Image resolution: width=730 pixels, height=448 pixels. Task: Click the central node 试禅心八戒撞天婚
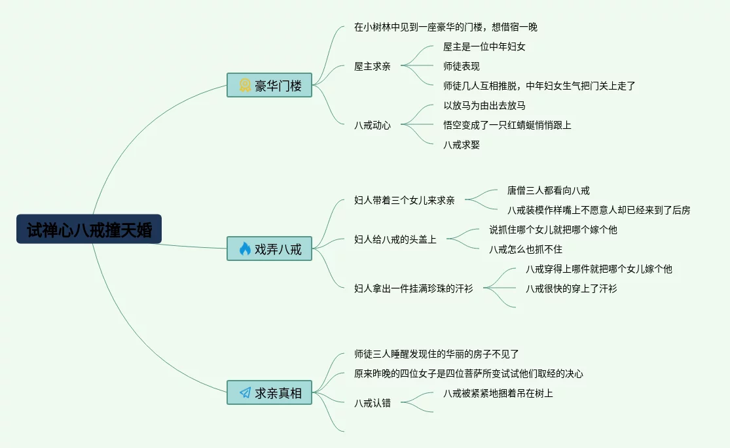point(89,230)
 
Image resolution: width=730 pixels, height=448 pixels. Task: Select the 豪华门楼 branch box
point(269,85)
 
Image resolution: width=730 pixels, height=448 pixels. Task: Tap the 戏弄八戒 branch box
point(269,249)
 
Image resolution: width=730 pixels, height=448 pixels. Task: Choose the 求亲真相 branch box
point(269,392)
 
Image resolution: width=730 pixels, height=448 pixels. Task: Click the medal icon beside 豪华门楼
point(245,85)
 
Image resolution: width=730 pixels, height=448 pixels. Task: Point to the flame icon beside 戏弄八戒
point(245,249)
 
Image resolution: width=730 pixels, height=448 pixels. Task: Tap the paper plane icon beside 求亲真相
point(245,392)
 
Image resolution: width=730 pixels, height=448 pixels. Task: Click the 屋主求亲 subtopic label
point(372,66)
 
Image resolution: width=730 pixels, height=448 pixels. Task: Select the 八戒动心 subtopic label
point(372,125)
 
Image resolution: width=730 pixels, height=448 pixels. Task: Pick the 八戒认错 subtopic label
point(372,403)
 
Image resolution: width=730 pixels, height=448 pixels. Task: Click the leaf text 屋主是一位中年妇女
point(484,46)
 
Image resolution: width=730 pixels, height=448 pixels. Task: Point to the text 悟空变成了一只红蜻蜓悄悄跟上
point(507,125)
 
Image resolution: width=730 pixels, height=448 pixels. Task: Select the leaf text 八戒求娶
point(461,145)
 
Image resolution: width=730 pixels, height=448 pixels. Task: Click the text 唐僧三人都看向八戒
point(548,190)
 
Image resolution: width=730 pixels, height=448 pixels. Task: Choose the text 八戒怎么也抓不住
point(525,249)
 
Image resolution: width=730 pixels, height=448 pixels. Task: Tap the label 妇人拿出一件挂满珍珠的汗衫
point(413,288)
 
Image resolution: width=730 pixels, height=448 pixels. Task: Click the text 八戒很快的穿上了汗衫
point(571,288)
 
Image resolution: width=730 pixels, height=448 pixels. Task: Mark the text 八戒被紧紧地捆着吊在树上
point(498,393)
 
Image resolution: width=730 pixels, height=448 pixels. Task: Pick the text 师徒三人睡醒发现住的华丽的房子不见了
point(436,354)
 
